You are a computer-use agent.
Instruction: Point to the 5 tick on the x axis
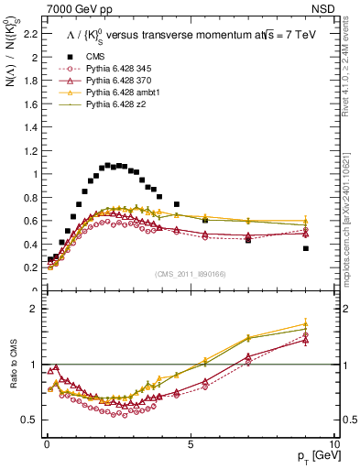190,442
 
